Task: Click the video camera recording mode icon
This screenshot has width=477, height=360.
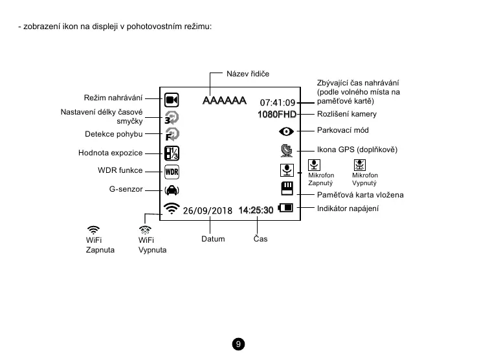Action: tap(172, 100)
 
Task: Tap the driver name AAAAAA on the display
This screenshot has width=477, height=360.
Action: tap(224, 101)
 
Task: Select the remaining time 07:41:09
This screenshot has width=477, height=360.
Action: tap(277, 102)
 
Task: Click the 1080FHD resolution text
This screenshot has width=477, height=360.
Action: tap(276, 115)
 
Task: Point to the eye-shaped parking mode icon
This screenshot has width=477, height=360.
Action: tap(286, 131)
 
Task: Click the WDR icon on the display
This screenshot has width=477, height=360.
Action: tap(172, 172)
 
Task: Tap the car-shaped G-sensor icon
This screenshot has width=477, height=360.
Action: tap(172, 190)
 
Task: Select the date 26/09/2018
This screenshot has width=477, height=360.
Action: tap(207, 210)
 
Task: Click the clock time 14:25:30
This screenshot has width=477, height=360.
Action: tap(256, 210)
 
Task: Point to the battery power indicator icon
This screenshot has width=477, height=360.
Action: tap(285, 208)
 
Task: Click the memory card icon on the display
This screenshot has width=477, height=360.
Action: tap(286, 188)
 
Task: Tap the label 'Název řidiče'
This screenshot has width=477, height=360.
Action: tap(247, 74)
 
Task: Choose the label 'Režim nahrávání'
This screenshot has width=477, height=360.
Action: tap(113, 98)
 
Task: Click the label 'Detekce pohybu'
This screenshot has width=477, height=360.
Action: tap(114, 134)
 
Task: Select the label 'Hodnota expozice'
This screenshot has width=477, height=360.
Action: tap(110, 153)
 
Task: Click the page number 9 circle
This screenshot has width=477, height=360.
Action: tap(238, 344)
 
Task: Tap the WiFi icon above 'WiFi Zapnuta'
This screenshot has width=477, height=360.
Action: tap(94, 229)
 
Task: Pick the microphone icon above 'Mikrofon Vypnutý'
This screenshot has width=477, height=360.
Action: tap(359, 166)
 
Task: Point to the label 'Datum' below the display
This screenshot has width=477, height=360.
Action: tap(213, 239)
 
